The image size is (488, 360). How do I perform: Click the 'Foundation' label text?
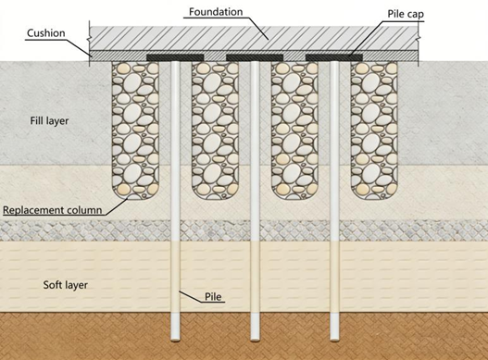[x=216, y=12]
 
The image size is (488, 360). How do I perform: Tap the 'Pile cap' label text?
[x=406, y=14]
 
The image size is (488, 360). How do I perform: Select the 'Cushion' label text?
[x=46, y=33]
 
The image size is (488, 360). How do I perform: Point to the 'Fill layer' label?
[x=49, y=120]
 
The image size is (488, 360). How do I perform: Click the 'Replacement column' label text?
[x=52, y=210]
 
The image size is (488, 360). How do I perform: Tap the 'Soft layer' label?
[x=66, y=285]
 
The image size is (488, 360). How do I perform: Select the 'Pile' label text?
[x=213, y=296]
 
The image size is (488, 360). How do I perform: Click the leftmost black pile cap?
[x=175, y=57]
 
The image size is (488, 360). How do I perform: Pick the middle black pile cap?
[x=255, y=57]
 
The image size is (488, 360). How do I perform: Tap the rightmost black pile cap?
[x=334, y=57]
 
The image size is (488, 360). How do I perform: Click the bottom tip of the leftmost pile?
[x=175, y=340]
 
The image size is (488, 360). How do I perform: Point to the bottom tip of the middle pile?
[x=255, y=340]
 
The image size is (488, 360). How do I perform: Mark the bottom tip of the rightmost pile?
[x=334, y=340]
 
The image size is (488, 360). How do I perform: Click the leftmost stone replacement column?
[x=135, y=130]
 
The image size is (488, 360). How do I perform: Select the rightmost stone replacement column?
[x=374, y=130]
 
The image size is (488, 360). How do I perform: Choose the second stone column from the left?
[x=215, y=130]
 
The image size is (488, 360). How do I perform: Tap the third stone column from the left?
[x=294, y=130]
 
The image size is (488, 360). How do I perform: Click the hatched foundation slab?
[x=254, y=38]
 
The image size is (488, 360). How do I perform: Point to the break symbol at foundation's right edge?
[x=419, y=38]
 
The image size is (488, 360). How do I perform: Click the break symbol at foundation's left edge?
[x=90, y=38]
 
